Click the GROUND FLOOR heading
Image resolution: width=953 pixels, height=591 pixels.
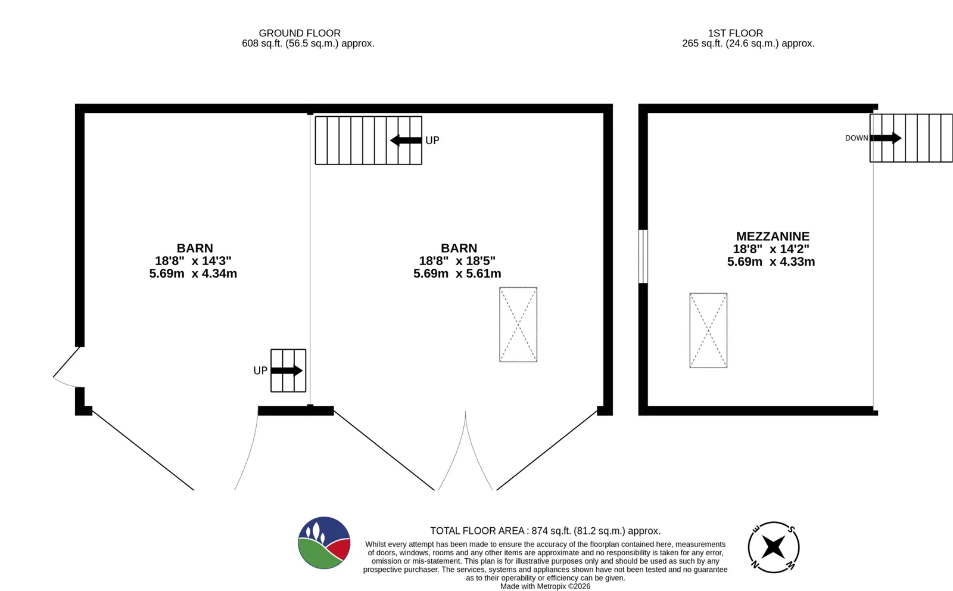(x=300, y=33)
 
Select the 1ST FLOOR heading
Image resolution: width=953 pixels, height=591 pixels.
(x=735, y=33)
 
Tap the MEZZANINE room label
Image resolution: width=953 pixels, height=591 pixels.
(x=773, y=236)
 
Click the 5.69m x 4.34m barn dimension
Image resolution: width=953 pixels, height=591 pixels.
(x=193, y=273)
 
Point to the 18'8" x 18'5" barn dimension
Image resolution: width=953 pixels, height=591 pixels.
(x=457, y=261)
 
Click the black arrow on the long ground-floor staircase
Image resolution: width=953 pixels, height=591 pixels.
(x=406, y=140)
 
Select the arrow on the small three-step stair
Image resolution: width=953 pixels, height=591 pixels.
(x=286, y=371)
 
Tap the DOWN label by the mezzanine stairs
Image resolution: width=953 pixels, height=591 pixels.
(x=857, y=138)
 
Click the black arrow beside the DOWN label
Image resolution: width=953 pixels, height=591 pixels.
(x=886, y=138)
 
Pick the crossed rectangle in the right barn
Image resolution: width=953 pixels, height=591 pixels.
(x=518, y=325)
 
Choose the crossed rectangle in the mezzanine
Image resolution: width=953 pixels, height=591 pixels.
(x=708, y=330)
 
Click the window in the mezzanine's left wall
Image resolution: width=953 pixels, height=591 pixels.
(x=643, y=257)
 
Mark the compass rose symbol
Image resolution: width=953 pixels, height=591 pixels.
(x=774, y=547)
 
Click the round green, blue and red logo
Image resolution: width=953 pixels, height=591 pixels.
(x=324, y=543)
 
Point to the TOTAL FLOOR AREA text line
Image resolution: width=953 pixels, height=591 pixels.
(x=545, y=531)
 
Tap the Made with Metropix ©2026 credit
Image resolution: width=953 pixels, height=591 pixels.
(x=545, y=586)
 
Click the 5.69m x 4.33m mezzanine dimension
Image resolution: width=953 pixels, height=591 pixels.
(x=771, y=262)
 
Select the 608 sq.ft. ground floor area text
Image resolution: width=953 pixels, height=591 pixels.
(x=308, y=43)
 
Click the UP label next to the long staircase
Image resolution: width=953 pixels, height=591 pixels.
(x=432, y=141)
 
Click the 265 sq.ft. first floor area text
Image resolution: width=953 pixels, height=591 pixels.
(x=748, y=43)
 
